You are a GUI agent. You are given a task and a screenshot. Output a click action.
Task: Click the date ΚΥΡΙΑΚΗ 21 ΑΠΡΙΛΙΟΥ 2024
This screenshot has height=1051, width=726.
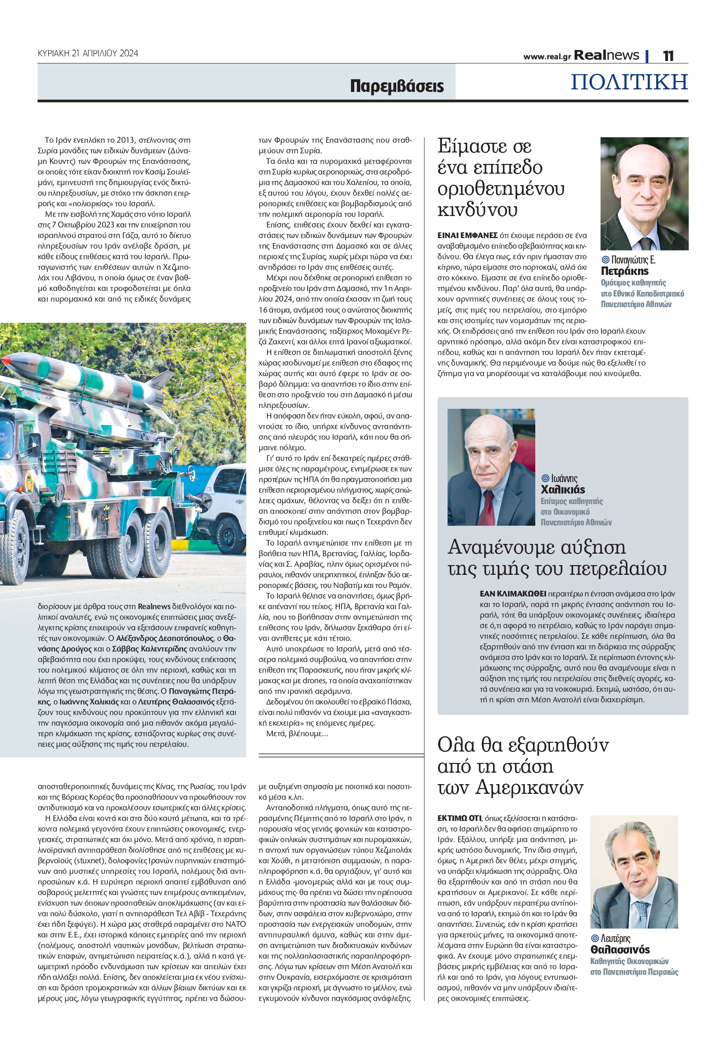(x=88, y=53)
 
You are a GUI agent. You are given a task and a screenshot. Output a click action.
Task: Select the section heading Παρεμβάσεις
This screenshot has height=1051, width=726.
(x=397, y=86)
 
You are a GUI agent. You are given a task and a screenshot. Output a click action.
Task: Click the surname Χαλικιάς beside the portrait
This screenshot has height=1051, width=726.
(x=563, y=490)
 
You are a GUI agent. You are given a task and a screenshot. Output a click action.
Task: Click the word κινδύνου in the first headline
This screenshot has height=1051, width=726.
(x=477, y=210)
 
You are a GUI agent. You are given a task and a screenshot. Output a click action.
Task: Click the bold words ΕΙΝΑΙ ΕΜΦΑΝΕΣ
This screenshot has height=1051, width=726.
(x=467, y=236)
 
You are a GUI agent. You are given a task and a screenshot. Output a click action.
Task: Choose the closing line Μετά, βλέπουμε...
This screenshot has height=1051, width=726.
(x=297, y=733)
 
